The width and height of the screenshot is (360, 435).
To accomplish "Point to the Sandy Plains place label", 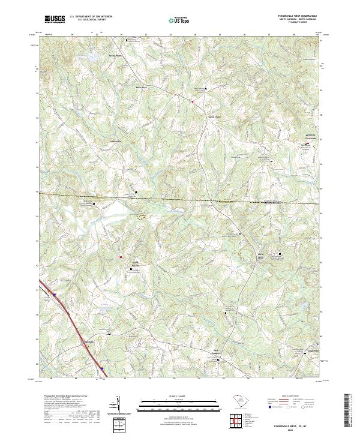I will click(115, 56).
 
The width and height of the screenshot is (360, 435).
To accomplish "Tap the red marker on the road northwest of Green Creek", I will click(192, 103).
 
